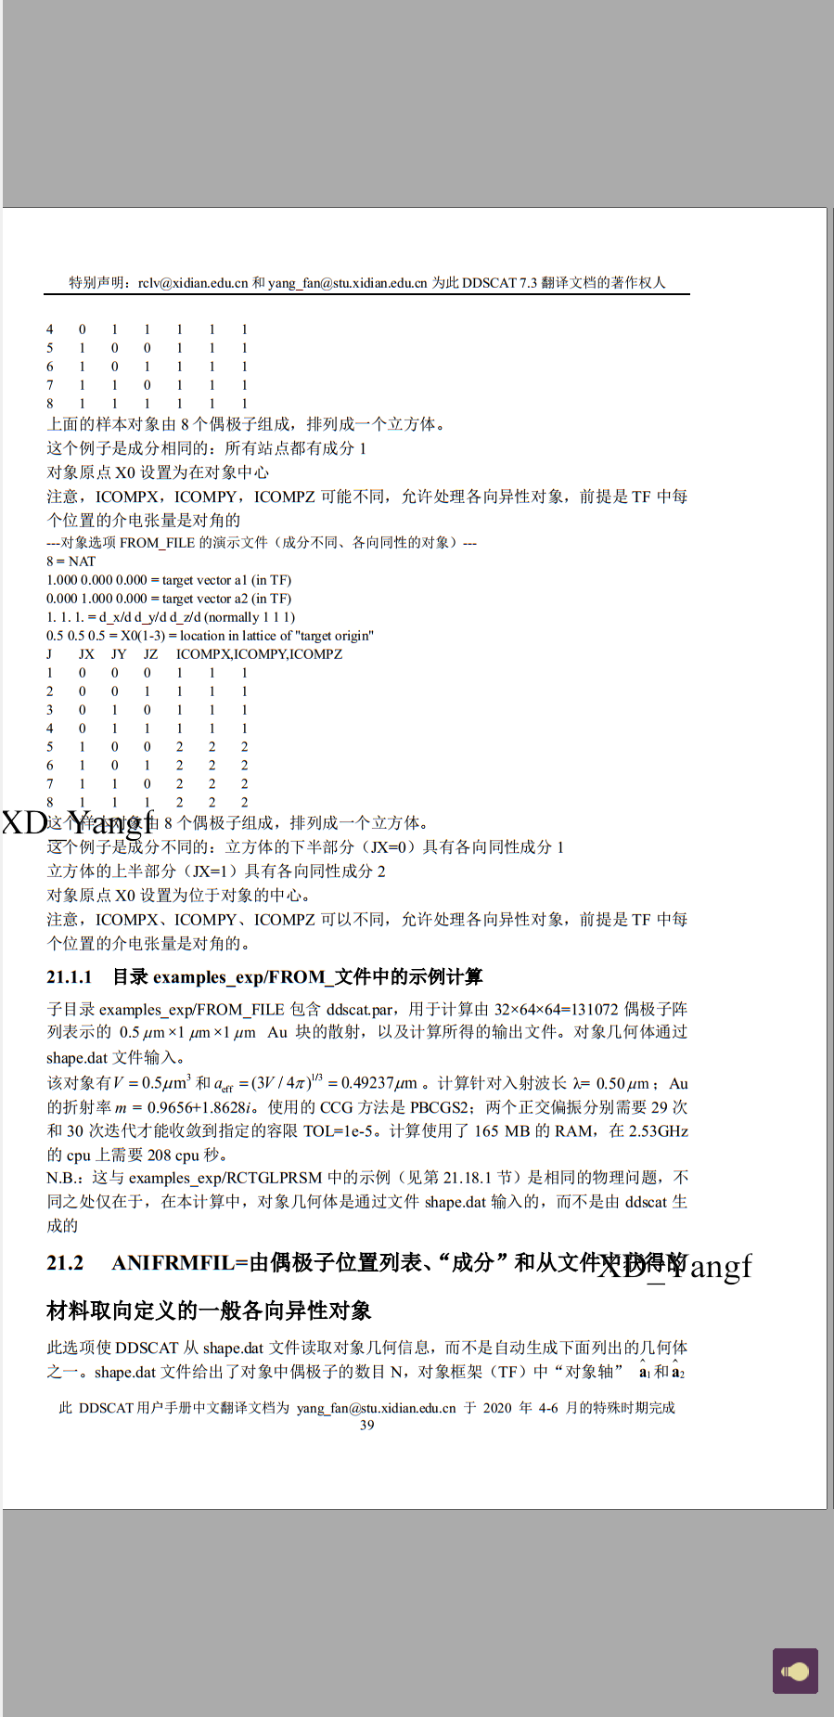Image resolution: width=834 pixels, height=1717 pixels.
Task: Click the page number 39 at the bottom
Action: tap(367, 1426)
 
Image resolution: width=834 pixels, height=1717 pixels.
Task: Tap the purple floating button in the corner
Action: tap(795, 1672)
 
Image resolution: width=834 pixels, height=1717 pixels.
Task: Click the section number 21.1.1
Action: tap(70, 977)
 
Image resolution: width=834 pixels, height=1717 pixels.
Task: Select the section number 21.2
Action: tap(65, 1263)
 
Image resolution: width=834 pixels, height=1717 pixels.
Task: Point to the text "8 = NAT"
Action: tap(71, 562)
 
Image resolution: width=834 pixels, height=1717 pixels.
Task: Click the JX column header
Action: tap(86, 654)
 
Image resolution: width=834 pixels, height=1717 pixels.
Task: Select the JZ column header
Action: tap(150, 654)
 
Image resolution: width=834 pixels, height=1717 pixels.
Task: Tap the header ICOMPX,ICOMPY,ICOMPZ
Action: tap(259, 654)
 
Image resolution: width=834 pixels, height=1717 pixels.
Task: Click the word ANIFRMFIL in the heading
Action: tap(173, 1263)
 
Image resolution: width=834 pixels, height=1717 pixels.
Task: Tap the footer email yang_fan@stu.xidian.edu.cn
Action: tap(377, 1408)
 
